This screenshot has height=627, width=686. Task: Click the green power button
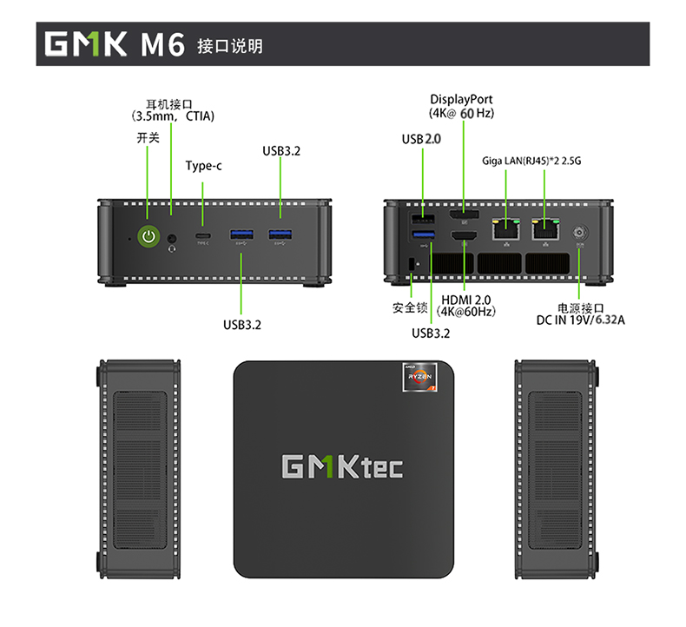point(148,234)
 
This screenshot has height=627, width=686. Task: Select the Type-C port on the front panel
point(203,235)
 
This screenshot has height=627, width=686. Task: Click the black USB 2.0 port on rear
point(424,217)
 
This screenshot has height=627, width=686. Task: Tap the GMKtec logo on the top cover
point(342,466)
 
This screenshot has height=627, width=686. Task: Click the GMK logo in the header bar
point(85,44)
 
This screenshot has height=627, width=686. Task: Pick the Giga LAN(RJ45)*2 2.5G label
point(531,161)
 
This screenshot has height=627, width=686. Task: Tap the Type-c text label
point(203,166)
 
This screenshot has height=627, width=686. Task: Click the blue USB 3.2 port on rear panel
point(424,237)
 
